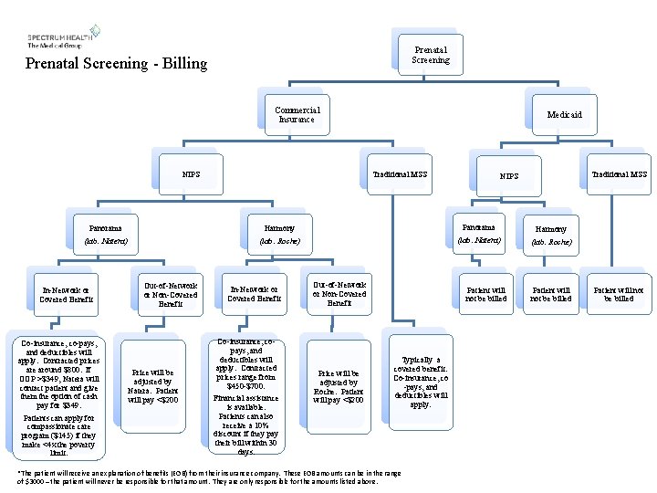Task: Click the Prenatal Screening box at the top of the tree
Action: pyautogui.click(x=431, y=55)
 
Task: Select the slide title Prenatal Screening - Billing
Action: pyautogui.click(x=116, y=64)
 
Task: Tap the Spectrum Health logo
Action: pyautogui.click(x=63, y=37)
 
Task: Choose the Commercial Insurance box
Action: pyautogui.click(x=297, y=114)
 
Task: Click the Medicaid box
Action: pyautogui.click(x=564, y=115)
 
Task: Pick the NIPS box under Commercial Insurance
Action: pyautogui.click(x=191, y=173)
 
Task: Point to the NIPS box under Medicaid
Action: pyautogui.click(x=509, y=175)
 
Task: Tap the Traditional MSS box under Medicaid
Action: pyautogui.click(x=620, y=173)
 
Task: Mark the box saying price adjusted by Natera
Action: pyautogui.click(x=153, y=386)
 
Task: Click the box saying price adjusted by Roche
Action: pyautogui.click(x=339, y=386)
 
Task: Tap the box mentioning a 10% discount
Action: pyautogui.click(x=247, y=397)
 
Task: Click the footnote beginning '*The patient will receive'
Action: pyautogui.click(x=210, y=477)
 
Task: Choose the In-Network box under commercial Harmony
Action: pyautogui.click(x=255, y=293)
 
